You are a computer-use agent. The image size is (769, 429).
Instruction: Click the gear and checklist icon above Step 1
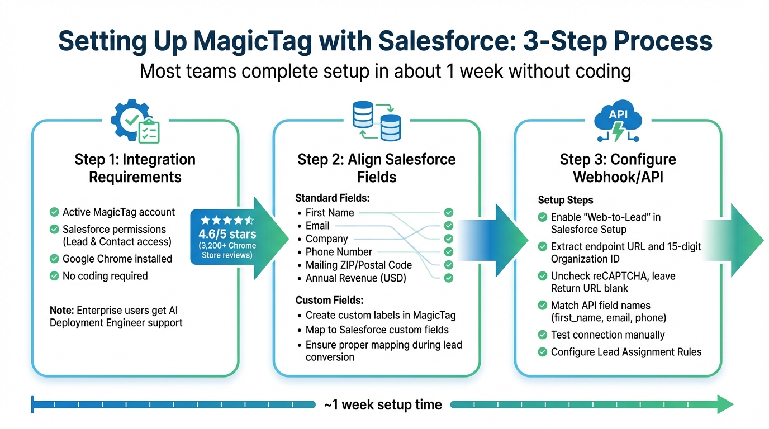135,121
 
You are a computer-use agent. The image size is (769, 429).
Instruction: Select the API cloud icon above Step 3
618,121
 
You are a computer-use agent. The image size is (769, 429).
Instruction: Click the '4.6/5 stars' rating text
227,233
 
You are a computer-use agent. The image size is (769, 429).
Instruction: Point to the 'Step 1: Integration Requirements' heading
135,168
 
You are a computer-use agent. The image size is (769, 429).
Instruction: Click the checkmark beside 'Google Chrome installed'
54,259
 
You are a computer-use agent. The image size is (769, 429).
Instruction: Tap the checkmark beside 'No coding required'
54,276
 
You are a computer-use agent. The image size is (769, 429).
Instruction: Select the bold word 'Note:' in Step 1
61,310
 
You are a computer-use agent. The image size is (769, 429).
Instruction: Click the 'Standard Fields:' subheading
333,198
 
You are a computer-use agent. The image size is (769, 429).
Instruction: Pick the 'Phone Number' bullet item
339,252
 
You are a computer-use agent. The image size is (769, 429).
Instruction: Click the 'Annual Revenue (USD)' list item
355,278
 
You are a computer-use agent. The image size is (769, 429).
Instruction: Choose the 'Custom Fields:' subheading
329,301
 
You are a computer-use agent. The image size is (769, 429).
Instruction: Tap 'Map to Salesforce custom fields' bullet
377,330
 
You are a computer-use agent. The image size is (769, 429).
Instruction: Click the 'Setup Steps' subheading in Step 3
566,200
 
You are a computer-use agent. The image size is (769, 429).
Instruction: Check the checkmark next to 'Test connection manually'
542,335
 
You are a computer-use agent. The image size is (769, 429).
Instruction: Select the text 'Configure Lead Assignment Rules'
626,352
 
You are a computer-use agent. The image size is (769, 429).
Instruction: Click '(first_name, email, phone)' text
608,318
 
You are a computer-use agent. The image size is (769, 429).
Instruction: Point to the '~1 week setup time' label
383,404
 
